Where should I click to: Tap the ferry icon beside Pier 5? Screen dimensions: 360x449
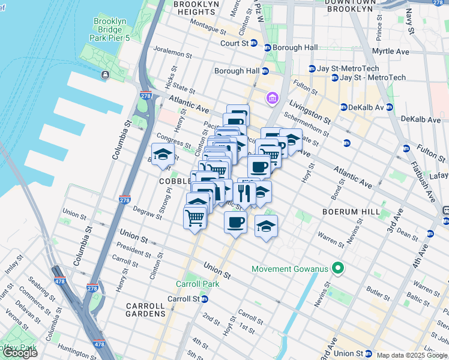[x=105, y=74]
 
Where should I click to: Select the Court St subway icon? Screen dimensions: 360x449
[x=253, y=44]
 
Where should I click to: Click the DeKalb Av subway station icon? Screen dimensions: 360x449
[x=343, y=107]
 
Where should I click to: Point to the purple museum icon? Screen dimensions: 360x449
[x=272, y=98]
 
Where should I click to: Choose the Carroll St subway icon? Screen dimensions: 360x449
[x=204, y=299]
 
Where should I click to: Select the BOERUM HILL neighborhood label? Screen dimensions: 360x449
[x=349, y=212]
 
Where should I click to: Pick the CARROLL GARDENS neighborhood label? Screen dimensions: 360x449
[x=145, y=309]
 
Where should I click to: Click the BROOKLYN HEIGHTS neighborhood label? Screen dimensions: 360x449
[x=196, y=8]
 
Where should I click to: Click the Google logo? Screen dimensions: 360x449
[x=20, y=353]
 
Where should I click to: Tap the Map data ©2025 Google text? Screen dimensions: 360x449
[x=411, y=355]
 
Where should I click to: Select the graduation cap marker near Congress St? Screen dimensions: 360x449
[x=163, y=155]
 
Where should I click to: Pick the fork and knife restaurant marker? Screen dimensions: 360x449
[x=245, y=192]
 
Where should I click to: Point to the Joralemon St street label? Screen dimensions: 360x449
[x=172, y=53]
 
